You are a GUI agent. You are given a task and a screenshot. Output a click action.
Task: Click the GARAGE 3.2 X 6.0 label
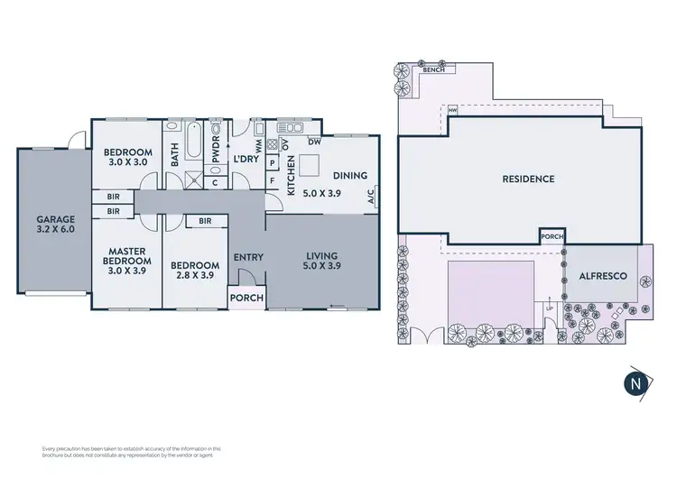(55, 225)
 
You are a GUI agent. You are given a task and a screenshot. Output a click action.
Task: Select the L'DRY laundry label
(246, 160)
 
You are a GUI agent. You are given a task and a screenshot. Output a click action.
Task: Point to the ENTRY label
(248, 258)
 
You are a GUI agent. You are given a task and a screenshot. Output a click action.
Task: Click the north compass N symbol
(636, 382)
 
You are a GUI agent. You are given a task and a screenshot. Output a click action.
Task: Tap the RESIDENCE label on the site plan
(528, 179)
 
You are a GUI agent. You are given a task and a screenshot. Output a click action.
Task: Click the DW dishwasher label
(314, 142)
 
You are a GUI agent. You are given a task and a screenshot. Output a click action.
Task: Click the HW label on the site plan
(451, 111)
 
